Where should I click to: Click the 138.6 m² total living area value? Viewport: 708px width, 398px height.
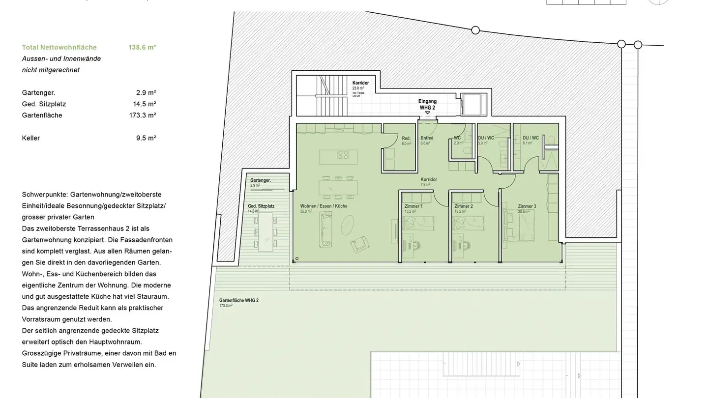[x=142, y=48]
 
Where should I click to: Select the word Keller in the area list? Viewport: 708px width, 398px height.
[x=31, y=138]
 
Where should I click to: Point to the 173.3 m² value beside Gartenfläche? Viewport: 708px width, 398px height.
[x=142, y=115]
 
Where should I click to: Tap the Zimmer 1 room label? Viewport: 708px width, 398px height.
[x=413, y=206]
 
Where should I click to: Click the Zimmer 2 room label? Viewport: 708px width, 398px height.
[x=463, y=206]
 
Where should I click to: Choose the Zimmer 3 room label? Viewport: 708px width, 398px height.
[x=527, y=206]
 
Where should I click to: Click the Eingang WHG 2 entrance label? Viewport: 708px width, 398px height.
[x=427, y=104]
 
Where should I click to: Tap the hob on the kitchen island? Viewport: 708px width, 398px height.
[x=343, y=155]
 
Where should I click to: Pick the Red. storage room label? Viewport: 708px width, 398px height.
[x=406, y=139]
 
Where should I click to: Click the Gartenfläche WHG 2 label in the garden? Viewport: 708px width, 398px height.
[x=238, y=300]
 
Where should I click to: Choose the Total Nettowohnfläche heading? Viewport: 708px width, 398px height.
[x=59, y=48]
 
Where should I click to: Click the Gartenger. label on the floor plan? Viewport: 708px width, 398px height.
[x=261, y=180]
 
